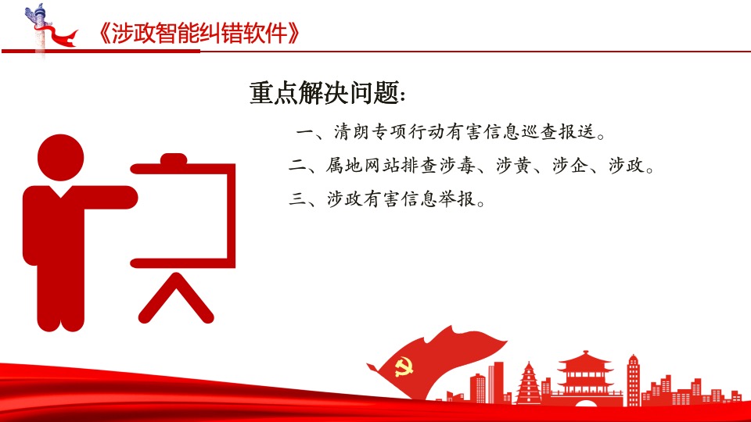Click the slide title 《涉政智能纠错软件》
(x=198, y=34)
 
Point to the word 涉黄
(x=513, y=166)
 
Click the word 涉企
(x=570, y=166)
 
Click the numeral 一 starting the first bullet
(x=306, y=131)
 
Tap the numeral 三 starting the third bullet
(x=297, y=198)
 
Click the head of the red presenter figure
(x=60, y=157)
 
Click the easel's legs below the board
(x=176, y=298)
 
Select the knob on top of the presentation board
(x=173, y=159)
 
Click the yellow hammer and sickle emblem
(x=404, y=367)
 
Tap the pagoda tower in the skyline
(x=529, y=383)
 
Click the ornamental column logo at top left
(x=40, y=30)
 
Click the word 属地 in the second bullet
(x=344, y=166)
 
